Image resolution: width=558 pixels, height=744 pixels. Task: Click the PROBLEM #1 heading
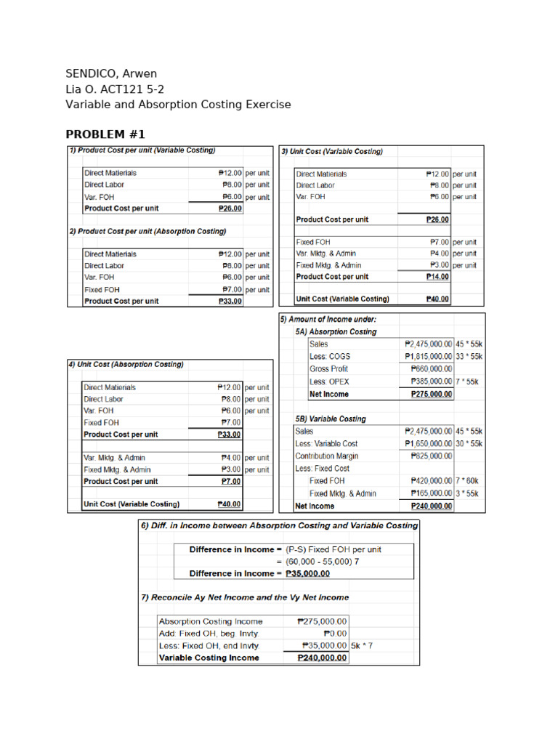[x=105, y=134]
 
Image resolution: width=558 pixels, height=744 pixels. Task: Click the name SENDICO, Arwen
[x=111, y=73]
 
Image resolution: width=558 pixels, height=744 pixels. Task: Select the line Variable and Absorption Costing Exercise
[x=178, y=104]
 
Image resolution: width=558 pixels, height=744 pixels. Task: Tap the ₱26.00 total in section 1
[x=230, y=209]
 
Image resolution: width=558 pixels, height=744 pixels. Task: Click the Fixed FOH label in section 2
[x=102, y=289]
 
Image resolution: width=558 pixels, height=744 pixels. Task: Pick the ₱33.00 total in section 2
[x=230, y=301]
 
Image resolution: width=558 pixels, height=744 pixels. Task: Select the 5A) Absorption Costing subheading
[x=336, y=331]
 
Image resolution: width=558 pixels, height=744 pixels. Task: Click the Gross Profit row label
[x=328, y=369]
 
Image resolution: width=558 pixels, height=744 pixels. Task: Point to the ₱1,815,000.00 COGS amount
[x=429, y=357]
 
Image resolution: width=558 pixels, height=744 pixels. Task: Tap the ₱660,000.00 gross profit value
[x=432, y=369]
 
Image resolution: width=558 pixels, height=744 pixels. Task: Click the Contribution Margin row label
[x=327, y=456]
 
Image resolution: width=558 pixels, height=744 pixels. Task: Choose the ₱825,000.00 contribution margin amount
[x=432, y=456]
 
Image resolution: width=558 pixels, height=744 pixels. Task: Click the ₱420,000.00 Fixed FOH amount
[x=432, y=481]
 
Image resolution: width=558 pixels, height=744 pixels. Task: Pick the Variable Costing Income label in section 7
[x=209, y=658]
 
